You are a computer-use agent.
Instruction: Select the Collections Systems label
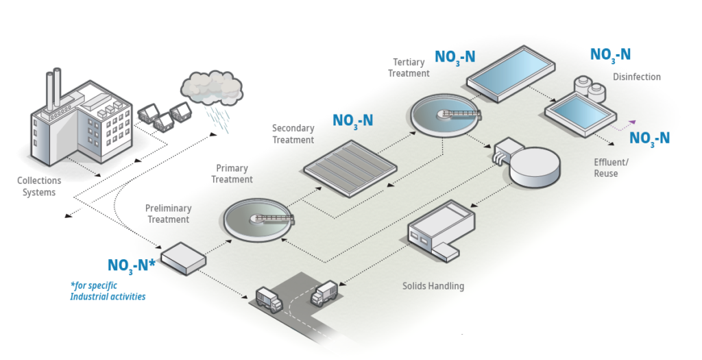pyautogui.click(x=39, y=187)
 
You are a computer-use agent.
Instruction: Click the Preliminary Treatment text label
pyautogui.click(x=168, y=214)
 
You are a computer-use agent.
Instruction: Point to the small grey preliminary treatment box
pyautogui.click(x=182, y=258)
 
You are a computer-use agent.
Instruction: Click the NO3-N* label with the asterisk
pyautogui.click(x=132, y=265)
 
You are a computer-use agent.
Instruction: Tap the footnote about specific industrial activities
pyautogui.click(x=108, y=291)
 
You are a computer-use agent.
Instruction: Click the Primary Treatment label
pyautogui.click(x=232, y=173)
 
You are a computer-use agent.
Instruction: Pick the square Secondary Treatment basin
pyautogui.click(x=350, y=167)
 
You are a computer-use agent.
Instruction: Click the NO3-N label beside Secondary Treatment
pyautogui.click(x=353, y=121)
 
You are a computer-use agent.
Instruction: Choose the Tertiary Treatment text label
pyautogui.click(x=409, y=68)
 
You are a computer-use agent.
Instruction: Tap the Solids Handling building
pyautogui.click(x=440, y=231)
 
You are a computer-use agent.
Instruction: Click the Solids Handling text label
pyautogui.click(x=433, y=286)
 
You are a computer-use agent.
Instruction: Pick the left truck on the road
pyautogui.click(x=268, y=298)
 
